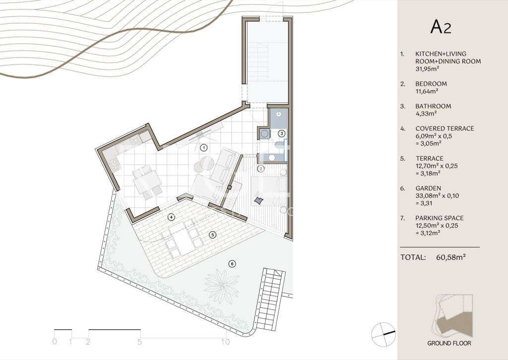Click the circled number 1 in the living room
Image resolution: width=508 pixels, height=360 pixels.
click(x=203, y=148)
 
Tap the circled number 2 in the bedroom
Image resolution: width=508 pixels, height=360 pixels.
click(x=260, y=169)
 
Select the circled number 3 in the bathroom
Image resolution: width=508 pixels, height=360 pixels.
click(x=282, y=133)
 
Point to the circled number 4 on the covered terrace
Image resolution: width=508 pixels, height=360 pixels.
click(x=171, y=217)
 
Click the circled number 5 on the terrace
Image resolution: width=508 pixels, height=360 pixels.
click(x=212, y=235)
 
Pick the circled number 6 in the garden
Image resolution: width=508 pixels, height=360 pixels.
click(x=232, y=264)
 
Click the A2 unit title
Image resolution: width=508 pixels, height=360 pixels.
click(x=441, y=27)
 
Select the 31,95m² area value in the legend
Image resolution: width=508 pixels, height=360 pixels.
click(x=427, y=68)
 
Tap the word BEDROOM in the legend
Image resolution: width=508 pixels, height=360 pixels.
click(x=431, y=84)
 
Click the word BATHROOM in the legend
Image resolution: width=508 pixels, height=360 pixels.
click(x=433, y=106)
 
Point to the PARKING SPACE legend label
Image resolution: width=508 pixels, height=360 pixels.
click(x=440, y=218)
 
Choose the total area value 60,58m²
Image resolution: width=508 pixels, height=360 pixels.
click(x=451, y=257)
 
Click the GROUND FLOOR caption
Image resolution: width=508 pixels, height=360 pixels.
click(x=449, y=343)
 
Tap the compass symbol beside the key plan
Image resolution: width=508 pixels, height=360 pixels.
click(x=383, y=334)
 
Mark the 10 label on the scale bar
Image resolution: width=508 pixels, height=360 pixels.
click(x=226, y=342)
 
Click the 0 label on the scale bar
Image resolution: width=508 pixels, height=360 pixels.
click(x=55, y=342)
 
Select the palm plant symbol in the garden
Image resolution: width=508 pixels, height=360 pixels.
click(x=222, y=283)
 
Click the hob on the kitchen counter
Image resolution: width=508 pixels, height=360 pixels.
click(x=114, y=165)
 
